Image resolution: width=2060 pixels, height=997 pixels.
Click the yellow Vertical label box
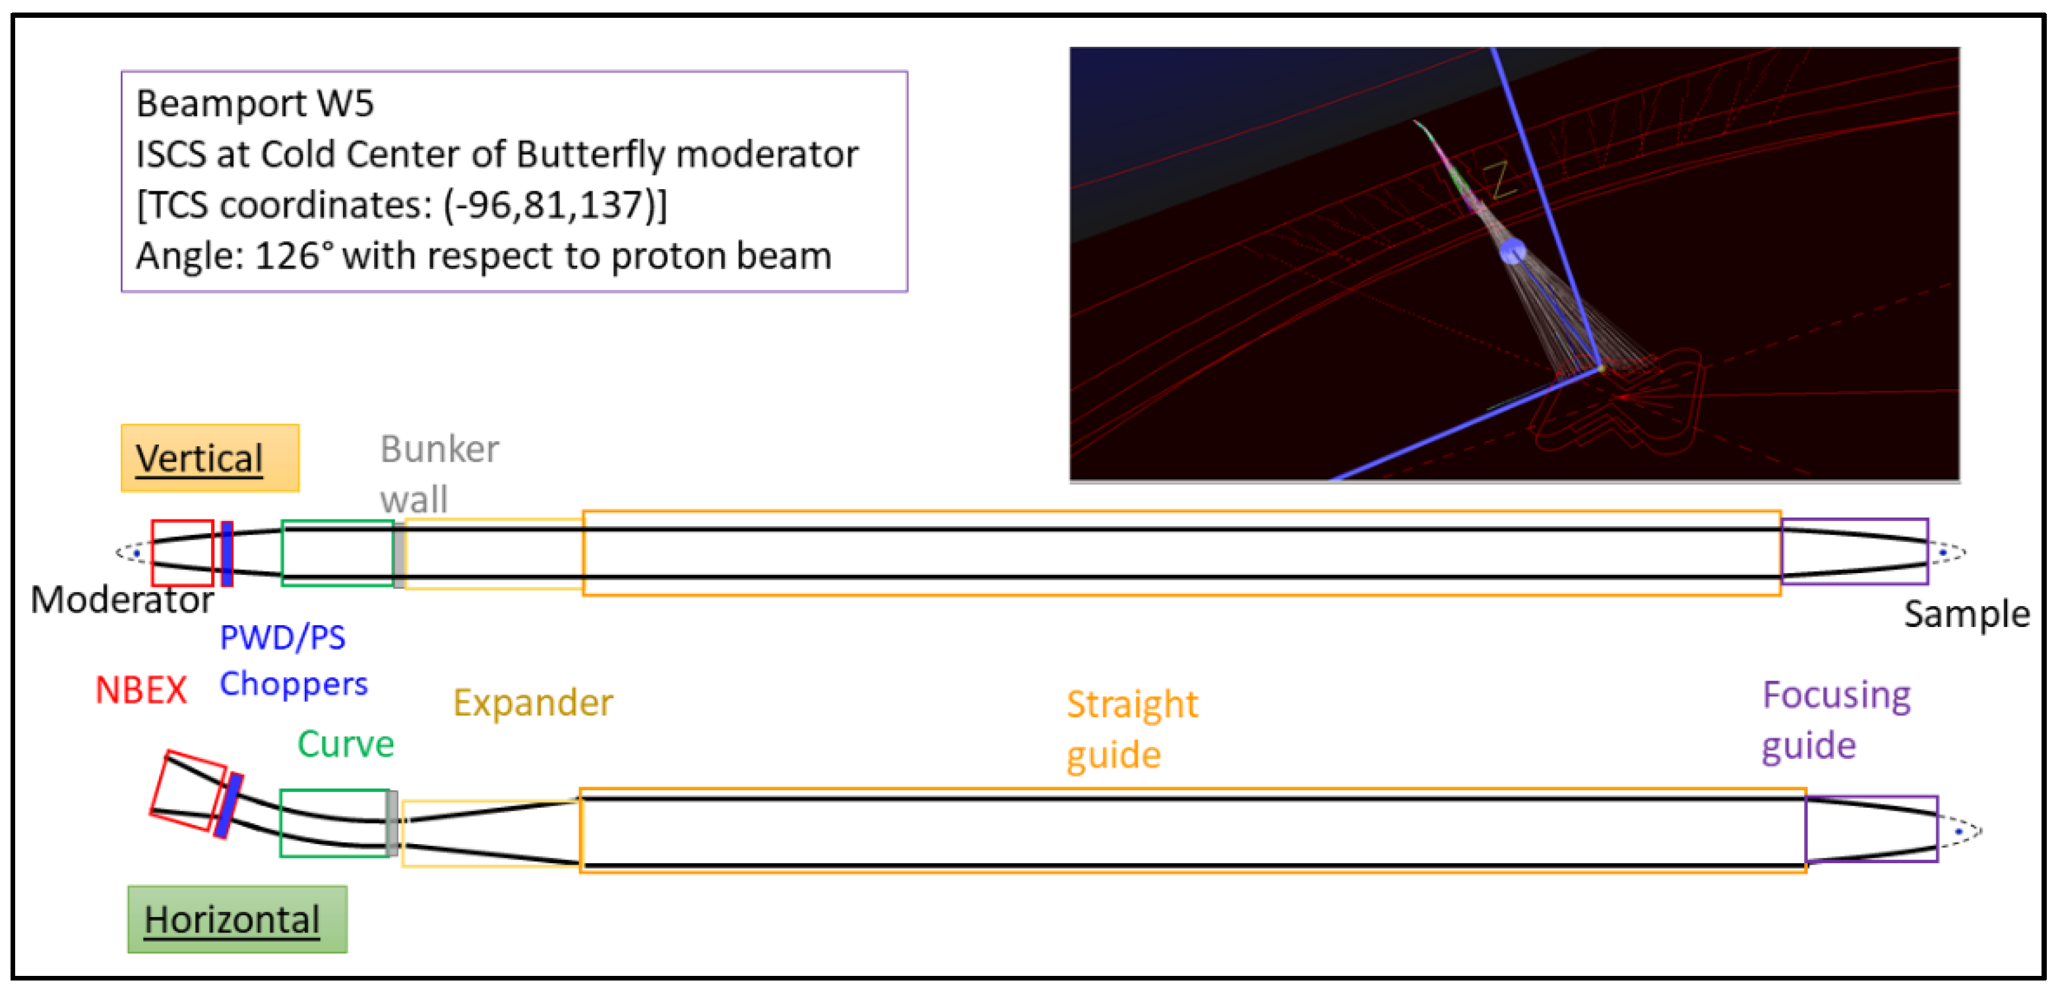(210, 458)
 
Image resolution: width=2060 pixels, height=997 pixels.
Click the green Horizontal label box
(237, 919)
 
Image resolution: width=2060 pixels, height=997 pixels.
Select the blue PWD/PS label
(282, 637)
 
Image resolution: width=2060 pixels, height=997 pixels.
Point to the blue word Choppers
(294, 684)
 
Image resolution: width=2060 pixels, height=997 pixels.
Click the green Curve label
(346, 744)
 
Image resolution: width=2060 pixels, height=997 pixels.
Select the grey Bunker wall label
(439, 473)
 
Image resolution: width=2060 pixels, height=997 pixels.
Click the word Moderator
(121, 599)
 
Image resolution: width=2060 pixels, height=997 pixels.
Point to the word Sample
(1966, 614)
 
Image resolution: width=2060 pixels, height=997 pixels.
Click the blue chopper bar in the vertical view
(227, 553)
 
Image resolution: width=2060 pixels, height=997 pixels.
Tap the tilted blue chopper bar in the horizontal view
(229, 805)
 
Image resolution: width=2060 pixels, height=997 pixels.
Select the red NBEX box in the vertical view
(182, 553)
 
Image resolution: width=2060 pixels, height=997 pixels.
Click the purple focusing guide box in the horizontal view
(1871, 828)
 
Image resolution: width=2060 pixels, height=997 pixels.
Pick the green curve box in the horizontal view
(334, 823)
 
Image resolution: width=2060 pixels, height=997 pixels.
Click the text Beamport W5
(255, 103)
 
